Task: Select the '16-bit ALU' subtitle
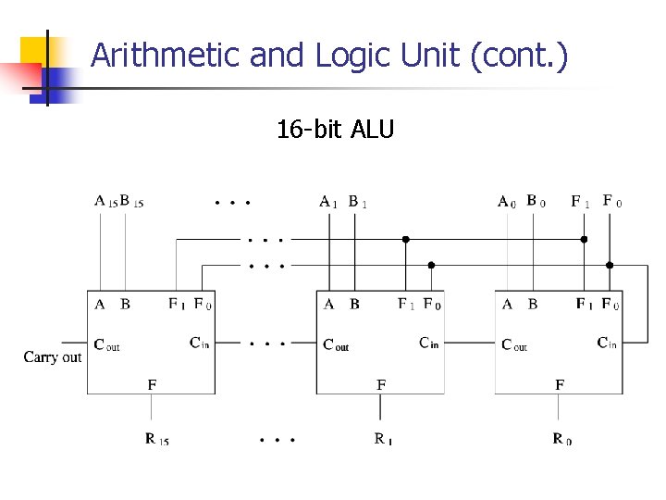point(335,129)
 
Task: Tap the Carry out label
point(53,356)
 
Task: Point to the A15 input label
point(105,200)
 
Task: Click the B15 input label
point(131,200)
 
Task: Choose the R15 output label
point(156,439)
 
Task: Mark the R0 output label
point(561,439)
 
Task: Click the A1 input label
point(327,201)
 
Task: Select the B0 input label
point(536,200)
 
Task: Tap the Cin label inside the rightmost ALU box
point(607,344)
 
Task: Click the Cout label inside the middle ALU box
point(336,344)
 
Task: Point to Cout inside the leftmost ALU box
point(106,344)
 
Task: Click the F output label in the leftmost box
point(153,383)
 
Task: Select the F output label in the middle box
point(381,383)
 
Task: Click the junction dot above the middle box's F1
point(405,239)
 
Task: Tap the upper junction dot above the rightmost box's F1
point(584,239)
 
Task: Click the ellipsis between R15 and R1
point(277,439)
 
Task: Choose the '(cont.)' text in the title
point(519,56)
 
